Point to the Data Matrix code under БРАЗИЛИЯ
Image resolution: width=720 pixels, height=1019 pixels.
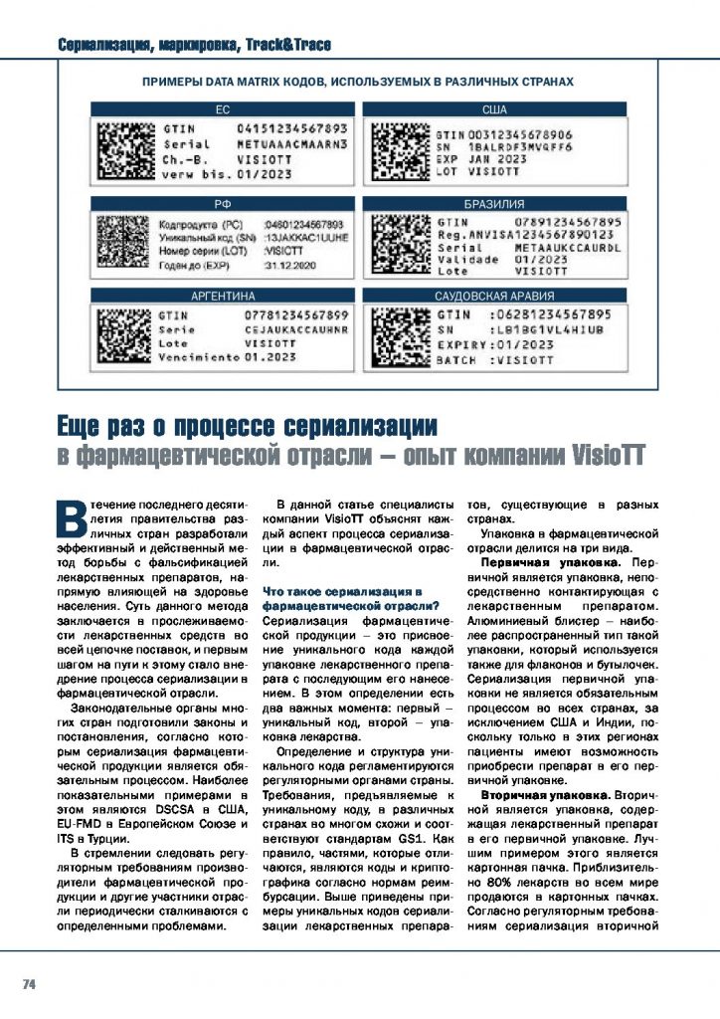point(398,245)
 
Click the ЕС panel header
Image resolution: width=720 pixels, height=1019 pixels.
point(223,110)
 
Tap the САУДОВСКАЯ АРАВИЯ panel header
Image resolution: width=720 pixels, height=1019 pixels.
point(493,297)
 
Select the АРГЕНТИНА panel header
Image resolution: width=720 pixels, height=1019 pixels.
point(223,297)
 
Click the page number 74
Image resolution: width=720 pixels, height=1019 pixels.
point(29,984)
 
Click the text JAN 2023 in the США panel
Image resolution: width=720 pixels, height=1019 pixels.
point(497,158)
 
